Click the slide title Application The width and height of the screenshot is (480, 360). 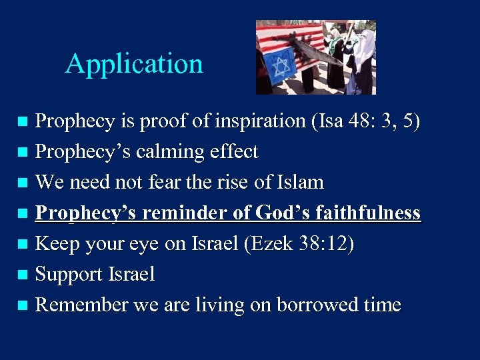click(134, 64)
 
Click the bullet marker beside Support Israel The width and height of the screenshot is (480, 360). click(22, 275)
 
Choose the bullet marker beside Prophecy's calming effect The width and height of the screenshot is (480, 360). click(22, 153)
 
